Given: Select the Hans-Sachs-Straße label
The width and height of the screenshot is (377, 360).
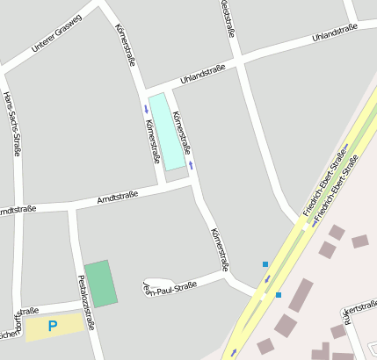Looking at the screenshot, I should [x=12, y=123].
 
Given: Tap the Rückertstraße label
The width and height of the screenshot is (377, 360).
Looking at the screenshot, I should [x=359, y=312].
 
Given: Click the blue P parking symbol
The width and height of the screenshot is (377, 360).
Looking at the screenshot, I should [x=53, y=327].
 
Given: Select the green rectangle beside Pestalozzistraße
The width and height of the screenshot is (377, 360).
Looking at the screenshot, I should [x=101, y=283].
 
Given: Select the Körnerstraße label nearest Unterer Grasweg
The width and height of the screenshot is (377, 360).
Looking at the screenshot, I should [x=125, y=43].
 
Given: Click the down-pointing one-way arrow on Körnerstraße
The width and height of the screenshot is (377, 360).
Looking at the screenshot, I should [x=146, y=110].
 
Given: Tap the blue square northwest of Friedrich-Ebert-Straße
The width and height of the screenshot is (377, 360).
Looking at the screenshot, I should [x=265, y=263].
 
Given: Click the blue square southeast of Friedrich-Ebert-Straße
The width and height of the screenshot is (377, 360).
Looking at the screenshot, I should [x=279, y=295].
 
